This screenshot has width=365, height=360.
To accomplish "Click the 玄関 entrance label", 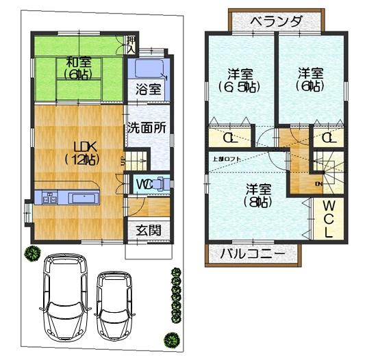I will pyautogui.click(x=147, y=230).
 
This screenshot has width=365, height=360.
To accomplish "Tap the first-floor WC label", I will pyautogui.click(x=144, y=184).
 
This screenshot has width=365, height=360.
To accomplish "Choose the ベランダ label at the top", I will pyautogui.click(x=275, y=21).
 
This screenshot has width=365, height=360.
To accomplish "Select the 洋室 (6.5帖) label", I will pyautogui.click(x=240, y=80).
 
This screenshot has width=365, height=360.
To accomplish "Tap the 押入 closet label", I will pyautogui.click(x=131, y=45).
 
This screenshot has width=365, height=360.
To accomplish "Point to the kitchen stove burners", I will pyautogui.click(x=49, y=199).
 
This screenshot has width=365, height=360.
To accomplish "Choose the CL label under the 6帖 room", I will pyautogui.click(x=328, y=138).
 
